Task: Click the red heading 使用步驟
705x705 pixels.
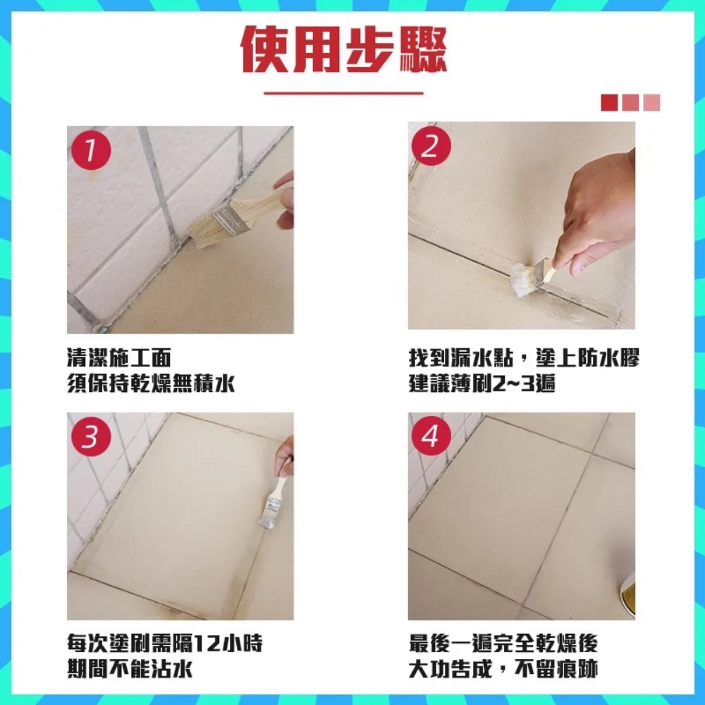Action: (x=344, y=50)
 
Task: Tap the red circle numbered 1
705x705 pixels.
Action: (x=90, y=150)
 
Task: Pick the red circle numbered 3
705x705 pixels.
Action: (x=90, y=436)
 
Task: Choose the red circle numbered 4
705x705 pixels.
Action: (x=431, y=436)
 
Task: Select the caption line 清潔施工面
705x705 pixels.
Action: (x=118, y=357)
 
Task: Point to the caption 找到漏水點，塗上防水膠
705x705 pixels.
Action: (x=524, y=357)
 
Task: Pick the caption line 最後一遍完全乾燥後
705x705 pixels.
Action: (x=503, y=644)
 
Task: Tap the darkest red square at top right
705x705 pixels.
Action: (x=609, y=103)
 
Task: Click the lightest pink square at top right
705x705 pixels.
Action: (x=652, y=103)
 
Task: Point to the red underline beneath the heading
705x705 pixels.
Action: (x=343, y=92)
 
